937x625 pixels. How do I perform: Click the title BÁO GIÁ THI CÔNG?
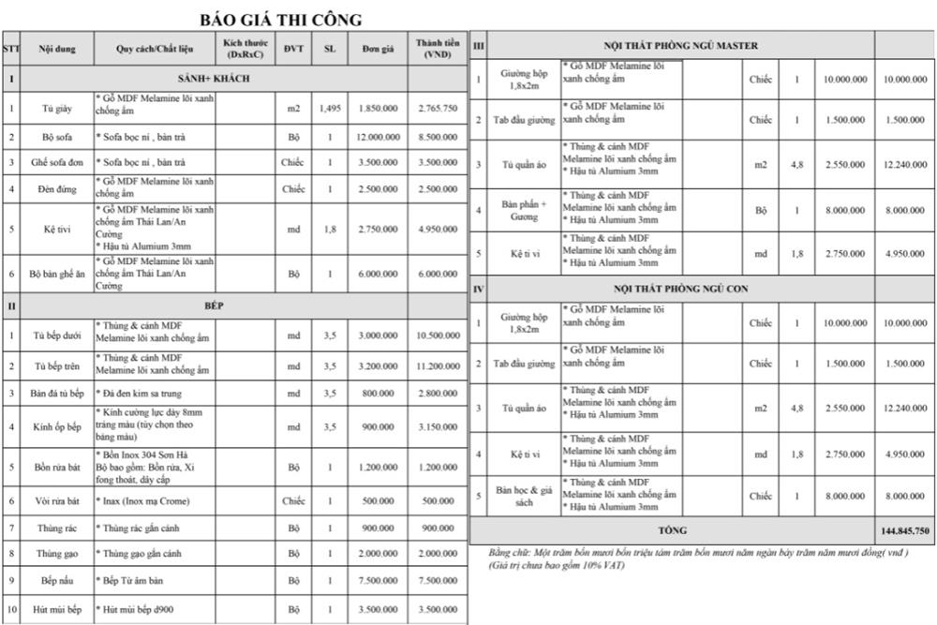pos(281,20)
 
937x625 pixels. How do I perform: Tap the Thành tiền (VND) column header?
pos(438,49)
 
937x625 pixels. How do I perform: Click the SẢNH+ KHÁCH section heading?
pos(214,79)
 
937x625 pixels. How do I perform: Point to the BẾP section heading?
pos(214,305)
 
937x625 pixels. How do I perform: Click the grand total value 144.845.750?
pos(905,530)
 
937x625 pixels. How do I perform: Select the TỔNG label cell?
pos(672,530)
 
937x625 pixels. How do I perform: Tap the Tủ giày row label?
pos(58,109)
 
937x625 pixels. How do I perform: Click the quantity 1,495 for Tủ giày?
pos(329,109)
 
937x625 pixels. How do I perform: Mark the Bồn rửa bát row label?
pos(58,467)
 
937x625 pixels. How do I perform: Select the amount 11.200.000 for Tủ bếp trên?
pos(438,365)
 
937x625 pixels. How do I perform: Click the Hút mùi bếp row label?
pos(58,609)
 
